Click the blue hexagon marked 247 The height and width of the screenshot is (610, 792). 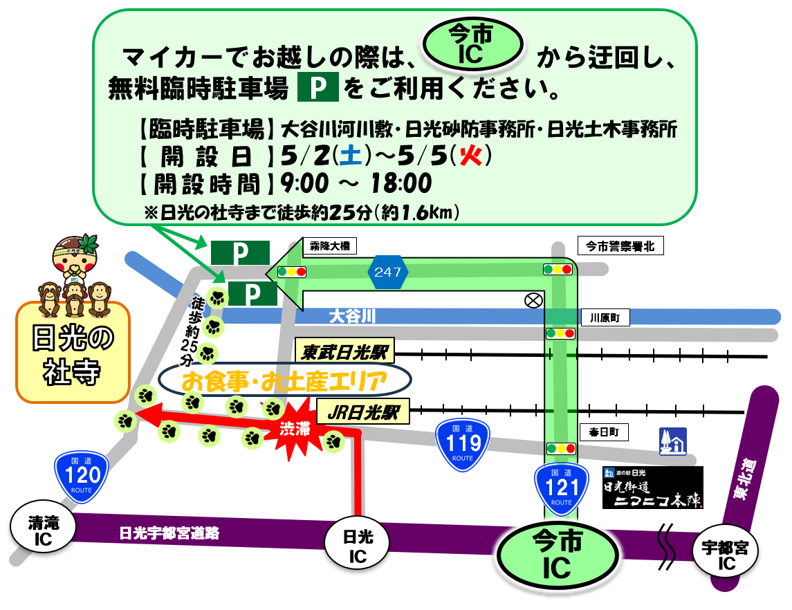(x=387, y=272)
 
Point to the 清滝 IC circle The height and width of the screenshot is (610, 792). (x=43, y=532)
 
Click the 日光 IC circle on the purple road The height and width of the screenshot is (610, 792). (x=358, y=547)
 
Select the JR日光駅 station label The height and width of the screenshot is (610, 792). (x=363, y=413)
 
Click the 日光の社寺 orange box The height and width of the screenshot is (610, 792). (x=73, y=353)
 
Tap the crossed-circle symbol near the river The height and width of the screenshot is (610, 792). (x=533, y=300)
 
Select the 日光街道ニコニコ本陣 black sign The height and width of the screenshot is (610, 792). (x=653, y=488)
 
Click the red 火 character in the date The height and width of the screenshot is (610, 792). (x=471, y=156)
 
